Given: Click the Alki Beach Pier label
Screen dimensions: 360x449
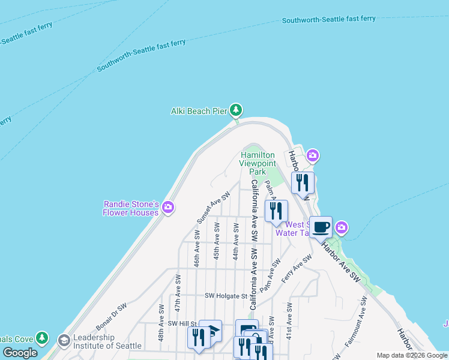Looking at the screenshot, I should coord(199,110).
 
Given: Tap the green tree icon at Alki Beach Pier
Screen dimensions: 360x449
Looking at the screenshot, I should coord(237,110).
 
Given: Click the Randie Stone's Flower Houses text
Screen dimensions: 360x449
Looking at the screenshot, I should coord(131,208).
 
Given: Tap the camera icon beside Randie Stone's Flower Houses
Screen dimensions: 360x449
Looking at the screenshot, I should coord(168,208).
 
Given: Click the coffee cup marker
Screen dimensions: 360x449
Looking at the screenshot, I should coord(321,227).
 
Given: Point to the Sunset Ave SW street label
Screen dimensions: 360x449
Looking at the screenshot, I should coord(214,208).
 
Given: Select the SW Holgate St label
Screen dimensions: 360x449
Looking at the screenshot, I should coord(226,296).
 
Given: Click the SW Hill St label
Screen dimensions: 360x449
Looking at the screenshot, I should coord(182,323).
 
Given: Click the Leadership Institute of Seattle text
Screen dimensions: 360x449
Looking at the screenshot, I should coord(107,341).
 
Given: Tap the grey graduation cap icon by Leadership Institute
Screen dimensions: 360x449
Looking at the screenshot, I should coord(64,341).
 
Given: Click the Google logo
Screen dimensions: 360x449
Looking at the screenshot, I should coord(20,353).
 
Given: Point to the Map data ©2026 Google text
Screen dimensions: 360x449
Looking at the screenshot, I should coord(412,355).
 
